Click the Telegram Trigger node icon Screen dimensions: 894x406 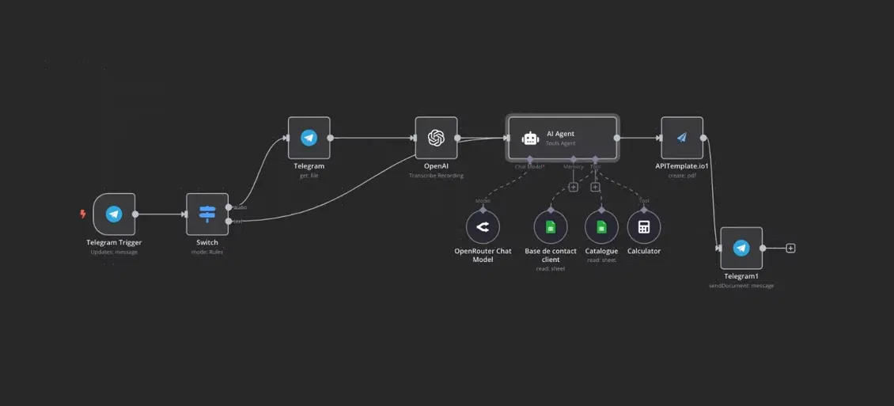(114, 214)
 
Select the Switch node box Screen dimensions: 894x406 (207, 214)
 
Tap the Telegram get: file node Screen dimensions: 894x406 (309, 138)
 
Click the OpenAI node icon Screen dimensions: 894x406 (436, 138)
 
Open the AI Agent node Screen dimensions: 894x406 (563, 138)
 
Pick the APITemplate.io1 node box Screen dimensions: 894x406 (682, 138)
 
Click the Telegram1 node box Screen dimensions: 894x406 (741, 248)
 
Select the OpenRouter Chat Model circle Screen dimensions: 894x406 (483, 228)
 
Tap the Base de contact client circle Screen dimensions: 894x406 (551, 228)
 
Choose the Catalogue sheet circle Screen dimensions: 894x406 (601, 228)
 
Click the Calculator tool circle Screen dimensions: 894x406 (644, 228)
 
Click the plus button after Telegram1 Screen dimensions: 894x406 (790, 249)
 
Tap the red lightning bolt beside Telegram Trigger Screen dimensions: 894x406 (83, 214)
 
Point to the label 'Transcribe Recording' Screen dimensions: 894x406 (436, 176)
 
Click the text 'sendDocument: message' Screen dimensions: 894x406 (741, 286)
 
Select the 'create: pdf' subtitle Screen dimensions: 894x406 (681, 176)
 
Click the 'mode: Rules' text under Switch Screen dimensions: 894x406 (207, 252)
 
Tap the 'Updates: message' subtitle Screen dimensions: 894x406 (114, 252)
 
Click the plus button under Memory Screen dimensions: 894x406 (573, 188)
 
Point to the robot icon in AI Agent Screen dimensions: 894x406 (530, 138)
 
